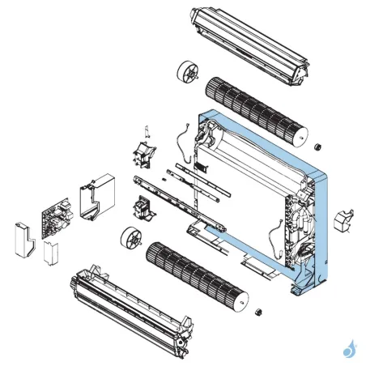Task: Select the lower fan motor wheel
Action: [x=130, y=240]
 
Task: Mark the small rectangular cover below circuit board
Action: [x=50, y=252]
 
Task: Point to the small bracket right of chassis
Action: [x=345, y=219]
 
